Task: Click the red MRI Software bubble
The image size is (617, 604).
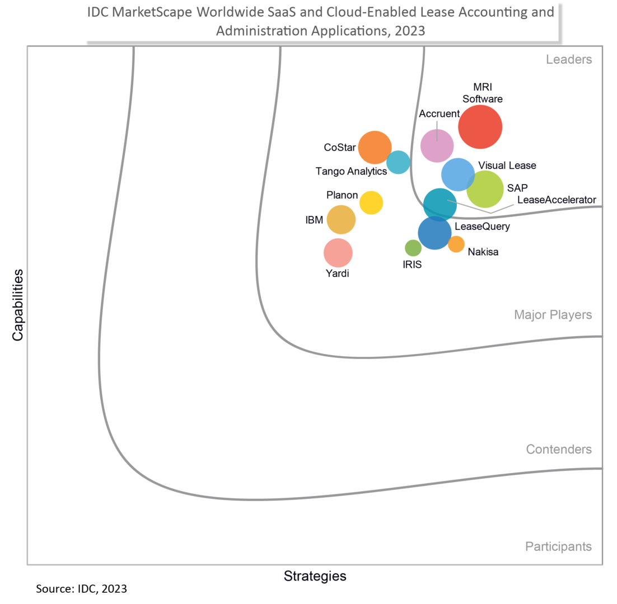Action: point(480,127)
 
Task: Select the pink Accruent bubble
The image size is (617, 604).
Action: point(437,146)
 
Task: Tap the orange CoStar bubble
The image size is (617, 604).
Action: point(375,147)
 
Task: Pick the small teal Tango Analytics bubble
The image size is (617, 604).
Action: point(398,162)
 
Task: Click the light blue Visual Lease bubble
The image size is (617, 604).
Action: point(459,174)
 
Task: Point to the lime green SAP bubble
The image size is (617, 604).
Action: point(485,189)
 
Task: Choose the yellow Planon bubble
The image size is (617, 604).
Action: point(371,202)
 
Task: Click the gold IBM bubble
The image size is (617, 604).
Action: point(341,220)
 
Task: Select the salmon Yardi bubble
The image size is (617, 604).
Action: point(338,253)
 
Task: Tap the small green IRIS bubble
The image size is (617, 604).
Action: point(413,248)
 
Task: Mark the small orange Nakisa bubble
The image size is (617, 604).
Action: point(456,244)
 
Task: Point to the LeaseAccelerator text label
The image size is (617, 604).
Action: point(557,200)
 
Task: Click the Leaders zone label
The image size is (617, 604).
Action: point(569,60)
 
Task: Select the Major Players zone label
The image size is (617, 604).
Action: point(553,315)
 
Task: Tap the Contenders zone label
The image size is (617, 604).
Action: point(559,450)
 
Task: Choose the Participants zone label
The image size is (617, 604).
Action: point(558,546)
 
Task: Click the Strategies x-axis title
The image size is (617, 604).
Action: point(315,576)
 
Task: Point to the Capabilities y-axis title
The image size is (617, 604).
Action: point(17,305)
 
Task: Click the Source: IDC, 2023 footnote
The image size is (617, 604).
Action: point(82,589)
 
